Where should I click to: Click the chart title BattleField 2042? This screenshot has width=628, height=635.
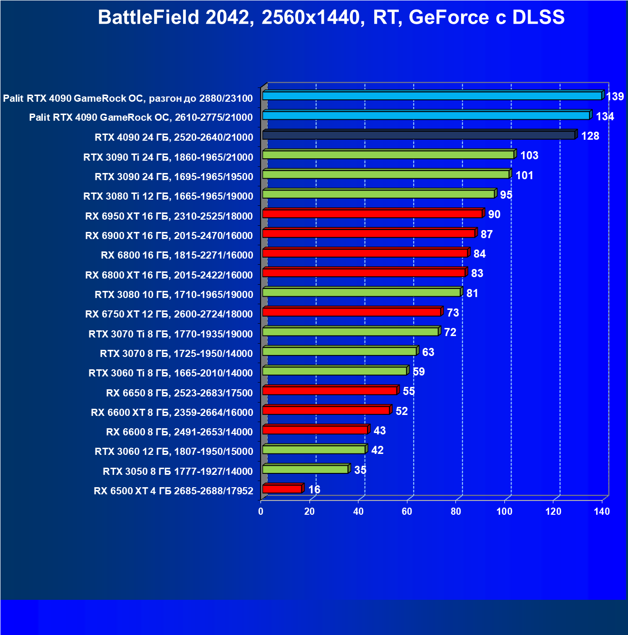331,18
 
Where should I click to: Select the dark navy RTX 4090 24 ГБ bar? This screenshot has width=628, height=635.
418,135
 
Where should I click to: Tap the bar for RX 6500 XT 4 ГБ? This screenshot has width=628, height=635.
282,489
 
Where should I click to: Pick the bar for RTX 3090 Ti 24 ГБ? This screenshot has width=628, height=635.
388,155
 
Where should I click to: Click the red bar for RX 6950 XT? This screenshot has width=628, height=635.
372,214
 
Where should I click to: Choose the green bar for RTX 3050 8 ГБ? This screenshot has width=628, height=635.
305,470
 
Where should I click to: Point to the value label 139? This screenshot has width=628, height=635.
615,96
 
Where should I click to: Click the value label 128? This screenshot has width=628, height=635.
590,136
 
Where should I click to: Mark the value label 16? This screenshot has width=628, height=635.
314,490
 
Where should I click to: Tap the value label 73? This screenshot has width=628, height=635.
453,313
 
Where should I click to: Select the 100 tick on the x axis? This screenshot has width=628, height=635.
504,511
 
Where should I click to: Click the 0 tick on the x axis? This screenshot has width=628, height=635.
261,511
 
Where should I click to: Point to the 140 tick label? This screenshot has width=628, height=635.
602,511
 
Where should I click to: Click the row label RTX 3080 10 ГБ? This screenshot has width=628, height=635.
174,295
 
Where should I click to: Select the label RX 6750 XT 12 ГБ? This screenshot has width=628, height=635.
169,314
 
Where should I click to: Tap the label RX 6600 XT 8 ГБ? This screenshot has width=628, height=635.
172,413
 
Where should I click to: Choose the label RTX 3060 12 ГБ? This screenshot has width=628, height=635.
174,452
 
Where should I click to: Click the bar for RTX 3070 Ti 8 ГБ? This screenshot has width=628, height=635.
350,332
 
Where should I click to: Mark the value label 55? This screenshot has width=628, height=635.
409,391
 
